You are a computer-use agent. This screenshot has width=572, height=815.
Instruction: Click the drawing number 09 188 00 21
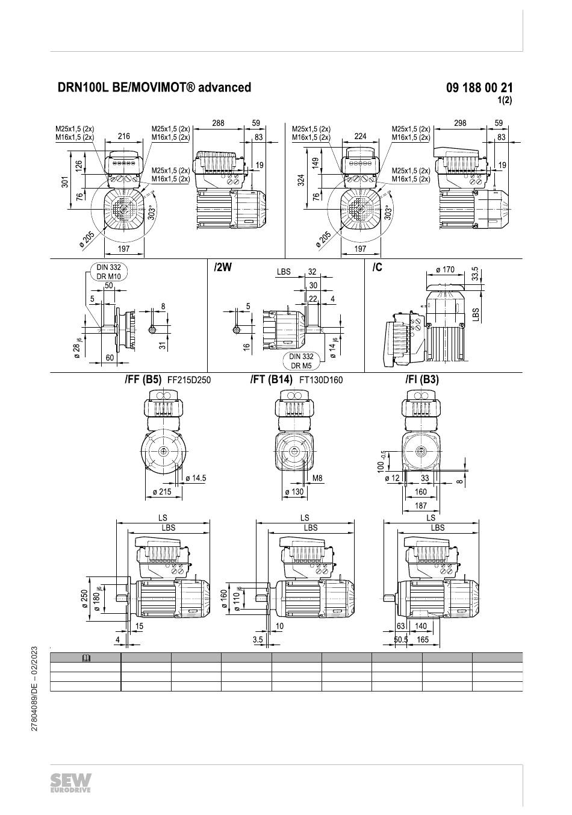(x=479, y=88)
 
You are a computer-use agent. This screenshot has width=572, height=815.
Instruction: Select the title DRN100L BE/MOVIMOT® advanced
(x=154, y=87)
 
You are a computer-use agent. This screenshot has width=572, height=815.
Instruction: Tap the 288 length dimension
(x=218, y=123)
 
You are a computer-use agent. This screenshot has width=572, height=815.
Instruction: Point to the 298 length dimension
(x=460, y=123)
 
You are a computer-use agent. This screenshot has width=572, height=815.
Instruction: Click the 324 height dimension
(x=302, y=180)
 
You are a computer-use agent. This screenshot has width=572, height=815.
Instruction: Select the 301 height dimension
(x=65, y=181)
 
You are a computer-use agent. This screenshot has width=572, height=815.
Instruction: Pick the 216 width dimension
(x=123, y=137)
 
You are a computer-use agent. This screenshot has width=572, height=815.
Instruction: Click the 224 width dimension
(x=360, y=137)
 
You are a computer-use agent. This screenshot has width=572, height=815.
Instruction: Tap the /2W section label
(x=223, y=267)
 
